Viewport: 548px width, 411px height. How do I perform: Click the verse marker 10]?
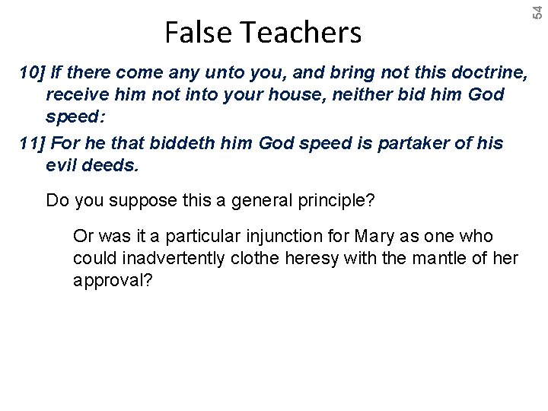[x=32, y=73]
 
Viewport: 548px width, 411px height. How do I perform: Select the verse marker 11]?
[x=32, y=143]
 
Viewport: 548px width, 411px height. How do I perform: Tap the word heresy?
[x=314, y=259]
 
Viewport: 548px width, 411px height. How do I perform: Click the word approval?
[x=113, y=280]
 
